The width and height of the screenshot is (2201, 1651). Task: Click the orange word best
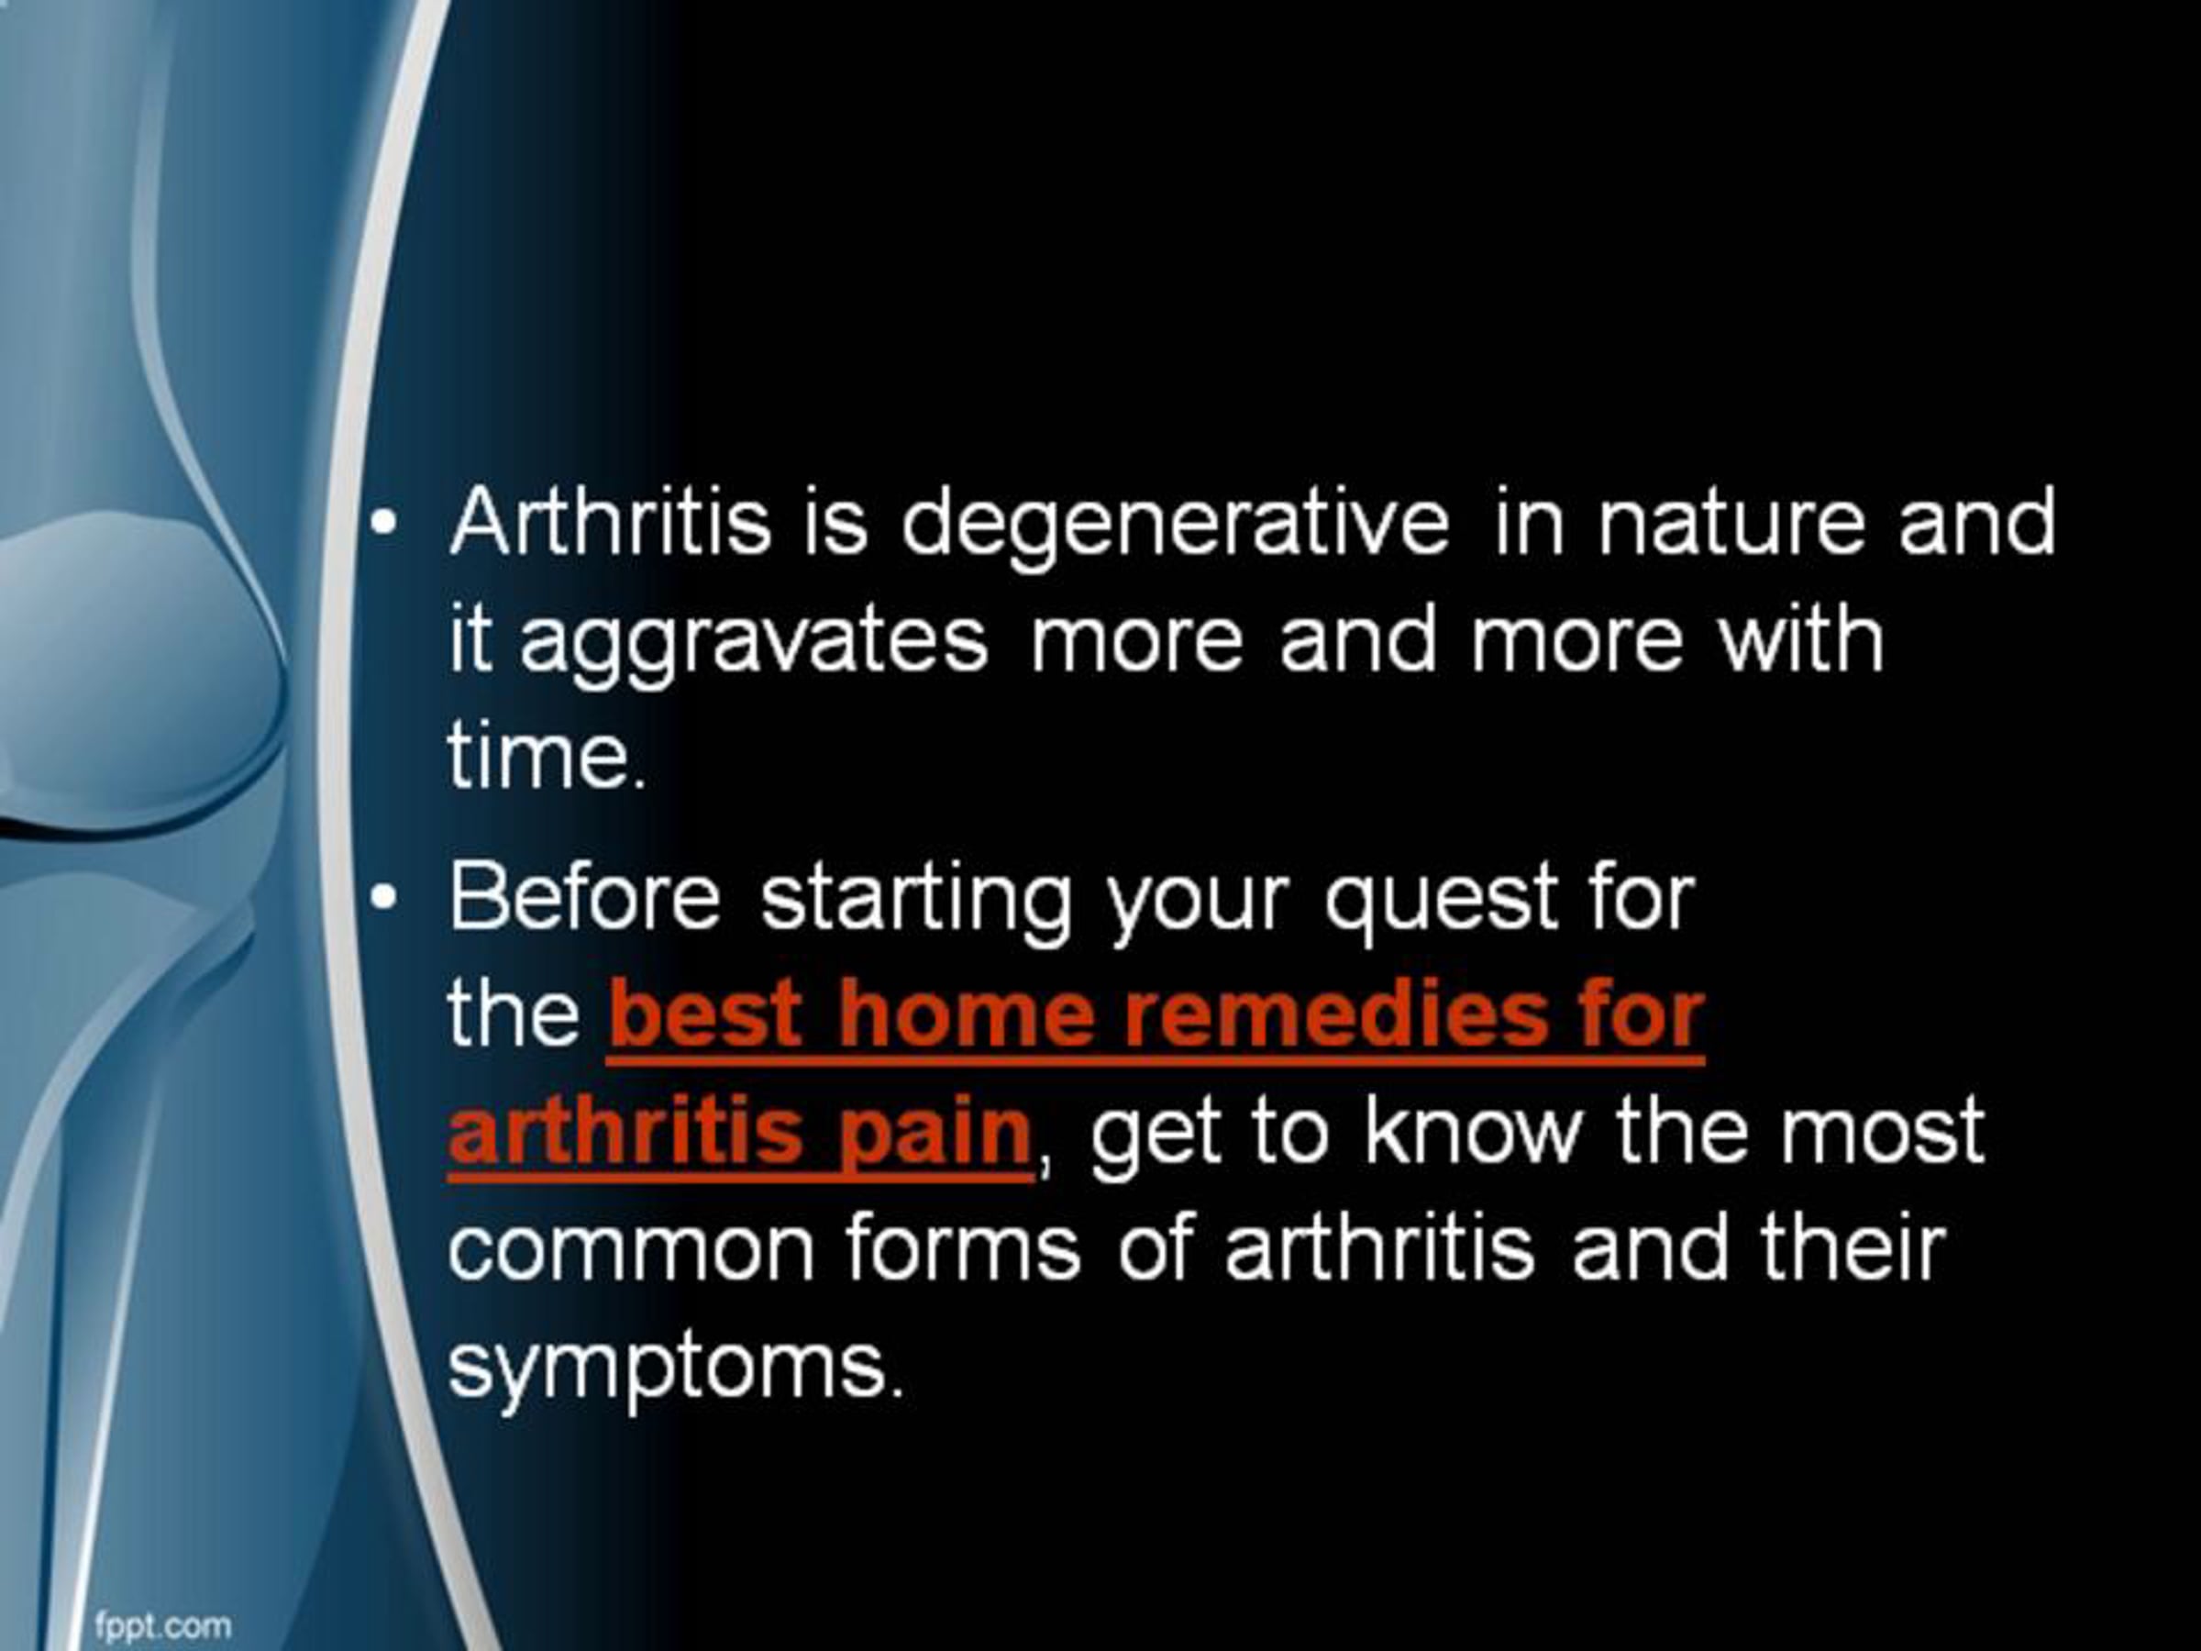[705, 1014]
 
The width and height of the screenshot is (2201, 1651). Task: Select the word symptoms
[676, 1369]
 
